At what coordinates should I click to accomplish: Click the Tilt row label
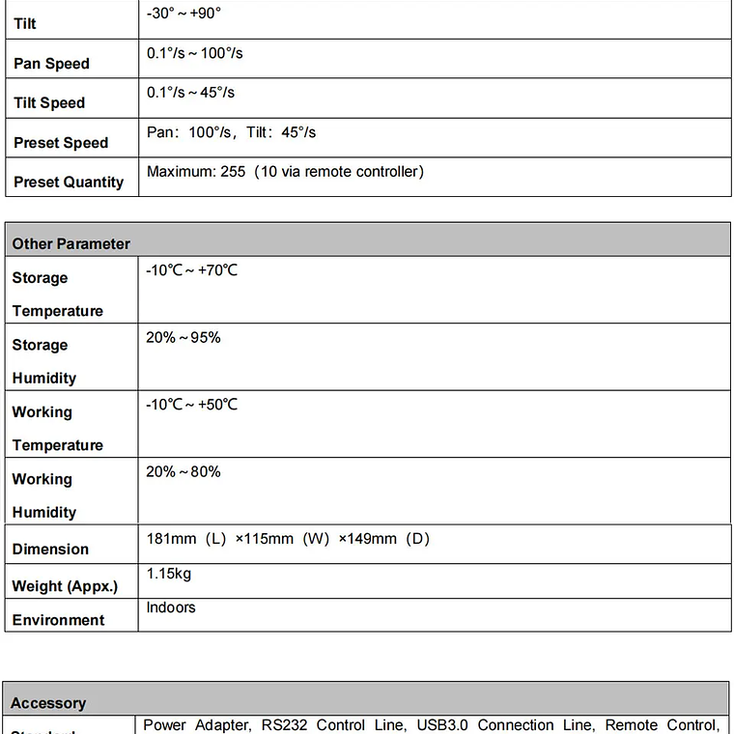coord(25,23)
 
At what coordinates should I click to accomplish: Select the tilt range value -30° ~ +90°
coord(183,14)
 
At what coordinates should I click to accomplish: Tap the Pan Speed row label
coord(51,64)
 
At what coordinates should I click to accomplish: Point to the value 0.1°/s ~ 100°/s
coord(194,53)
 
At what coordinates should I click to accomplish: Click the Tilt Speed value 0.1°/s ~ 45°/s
coord(190,93)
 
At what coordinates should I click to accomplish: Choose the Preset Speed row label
coord(61,143)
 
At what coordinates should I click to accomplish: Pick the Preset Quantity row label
coord(69,182)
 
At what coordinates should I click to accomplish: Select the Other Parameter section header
coord(71,243)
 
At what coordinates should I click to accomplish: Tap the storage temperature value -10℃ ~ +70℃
coord(191,270)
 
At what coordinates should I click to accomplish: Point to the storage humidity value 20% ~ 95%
coord(183,337)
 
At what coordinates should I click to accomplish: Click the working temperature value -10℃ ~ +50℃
coord(191,405)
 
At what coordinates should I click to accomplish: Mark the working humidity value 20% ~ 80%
coord(183,471)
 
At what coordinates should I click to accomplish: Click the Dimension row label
coord(50,549)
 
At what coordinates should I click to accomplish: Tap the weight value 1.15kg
coord(169,574)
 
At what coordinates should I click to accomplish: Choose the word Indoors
coord(171,607)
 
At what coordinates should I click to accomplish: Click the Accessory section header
coord(48,703)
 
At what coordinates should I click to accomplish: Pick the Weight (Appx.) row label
coord(65,585)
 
